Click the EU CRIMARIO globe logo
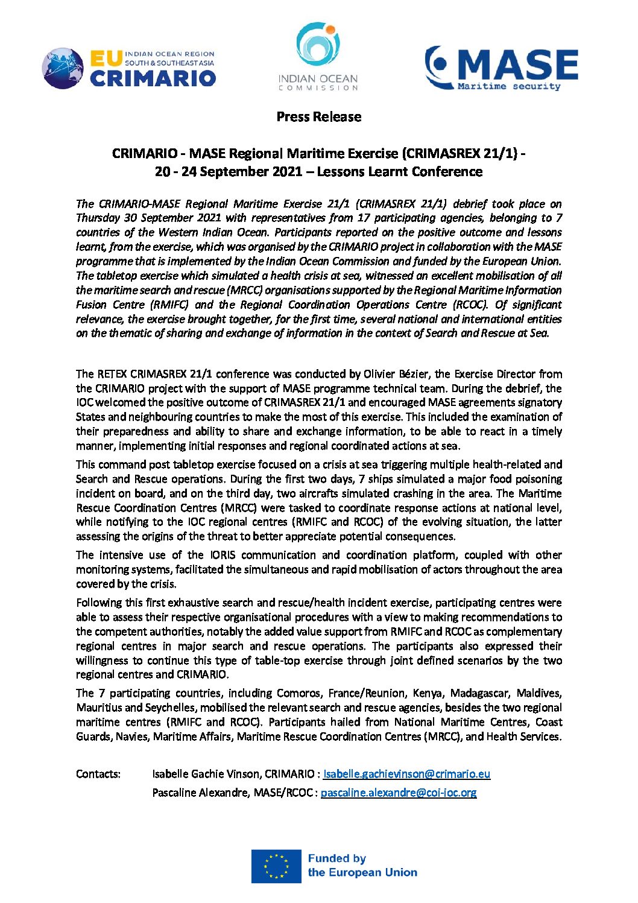pos(63,68)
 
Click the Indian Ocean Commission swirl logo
pos(318,48)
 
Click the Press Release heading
pos(318,116)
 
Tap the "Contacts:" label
pos(98,774)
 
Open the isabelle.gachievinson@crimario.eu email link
pos(406,774)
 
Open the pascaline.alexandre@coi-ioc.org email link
pos(398,793)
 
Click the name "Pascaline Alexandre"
pos(200,793)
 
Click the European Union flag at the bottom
pos(276,866)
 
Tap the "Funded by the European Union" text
pos(362,866)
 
